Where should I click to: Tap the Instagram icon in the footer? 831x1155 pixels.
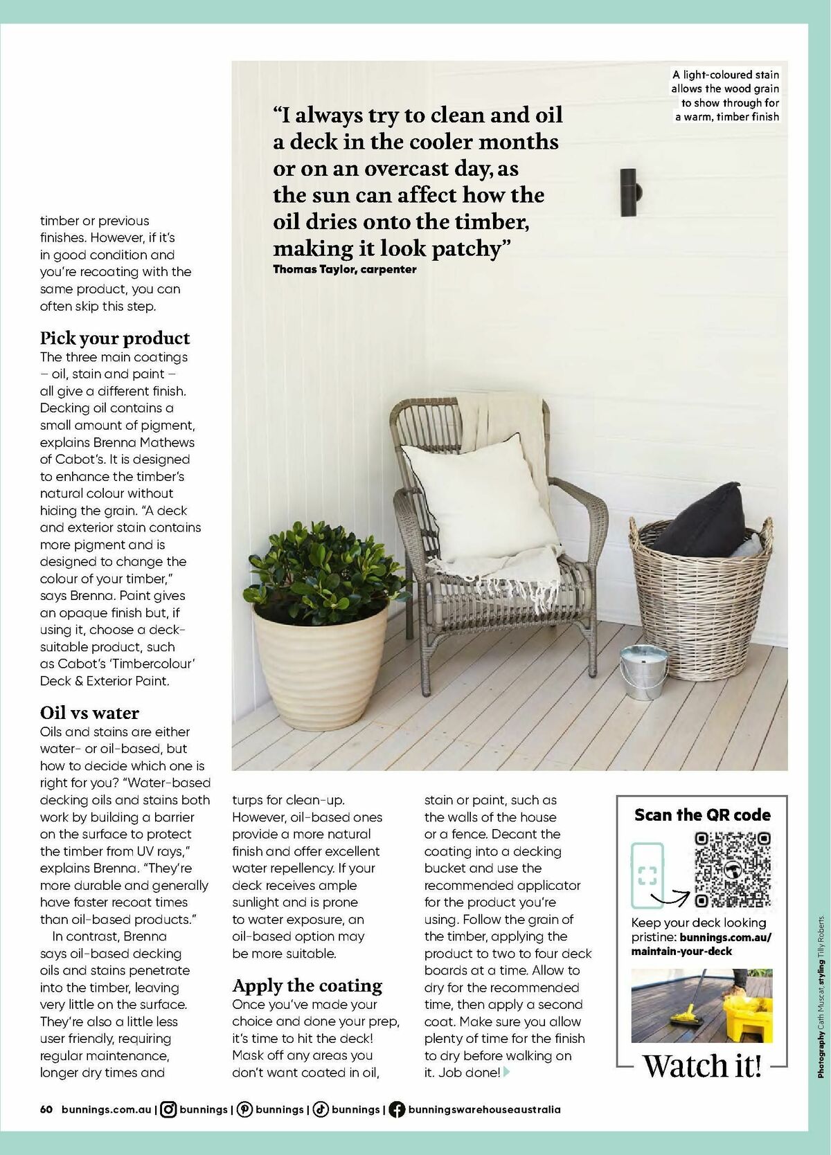168,1109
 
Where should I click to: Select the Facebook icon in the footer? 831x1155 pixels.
397,1109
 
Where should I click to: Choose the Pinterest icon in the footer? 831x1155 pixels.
244,1109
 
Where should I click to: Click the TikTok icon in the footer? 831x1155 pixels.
321,1109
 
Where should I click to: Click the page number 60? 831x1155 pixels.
46,1109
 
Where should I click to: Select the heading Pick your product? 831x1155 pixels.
115,338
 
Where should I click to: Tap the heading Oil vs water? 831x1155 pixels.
89,713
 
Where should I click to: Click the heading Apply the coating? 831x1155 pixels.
307,985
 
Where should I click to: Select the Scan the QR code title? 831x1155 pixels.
702,815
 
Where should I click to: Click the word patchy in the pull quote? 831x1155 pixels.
471,248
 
